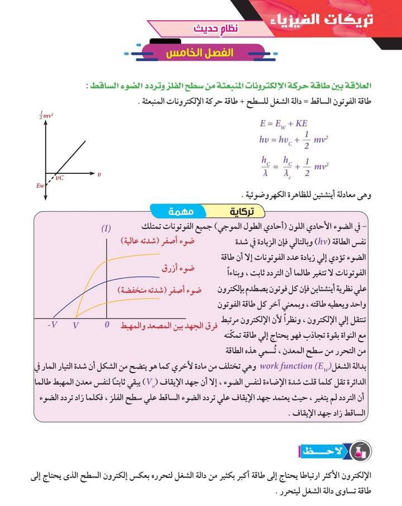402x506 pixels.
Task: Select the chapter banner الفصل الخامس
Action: pyautogui.click(x=200, y=53)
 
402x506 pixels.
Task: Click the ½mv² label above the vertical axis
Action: pyautogui.click(x=46, y=116)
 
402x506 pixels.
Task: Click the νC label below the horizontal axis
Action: pyautogui.click(x=60, y=178)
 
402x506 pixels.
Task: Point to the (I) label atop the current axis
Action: pyautogui.click(x=106, y=228)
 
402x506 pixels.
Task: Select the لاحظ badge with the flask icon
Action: pyautogui.click(x=333, y=450)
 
